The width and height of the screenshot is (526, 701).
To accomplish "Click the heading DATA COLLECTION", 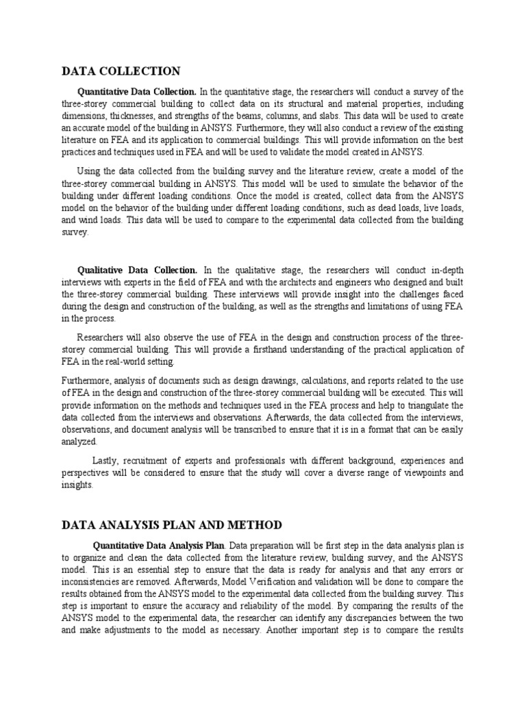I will tap(121, 71).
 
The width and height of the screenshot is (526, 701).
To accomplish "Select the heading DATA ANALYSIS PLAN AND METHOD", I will tap(171, 525).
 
